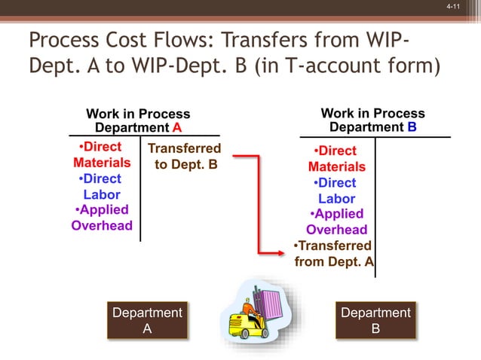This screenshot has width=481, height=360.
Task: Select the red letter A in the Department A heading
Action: point(177,127)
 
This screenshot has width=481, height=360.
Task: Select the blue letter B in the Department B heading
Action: point(412,127)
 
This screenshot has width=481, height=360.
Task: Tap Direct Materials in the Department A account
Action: point(102,154)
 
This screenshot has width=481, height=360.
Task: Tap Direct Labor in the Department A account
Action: point(102,187)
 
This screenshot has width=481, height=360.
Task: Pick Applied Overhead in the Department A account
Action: point(102,218)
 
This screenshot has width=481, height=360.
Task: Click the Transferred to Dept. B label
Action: point(185,156)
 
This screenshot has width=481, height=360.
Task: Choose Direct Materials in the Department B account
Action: point(336,159)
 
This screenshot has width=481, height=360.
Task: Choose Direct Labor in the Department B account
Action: point(336,191)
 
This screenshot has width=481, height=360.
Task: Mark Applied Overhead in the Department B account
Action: point(336,222)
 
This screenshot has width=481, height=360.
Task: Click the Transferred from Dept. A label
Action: point(333,254)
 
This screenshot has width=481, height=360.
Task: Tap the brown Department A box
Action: point(147,320)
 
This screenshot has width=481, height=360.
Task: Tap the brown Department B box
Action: point(375,320)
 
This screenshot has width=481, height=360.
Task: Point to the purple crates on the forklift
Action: point(267,301)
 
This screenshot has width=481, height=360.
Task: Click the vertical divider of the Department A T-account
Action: point(140,188)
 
